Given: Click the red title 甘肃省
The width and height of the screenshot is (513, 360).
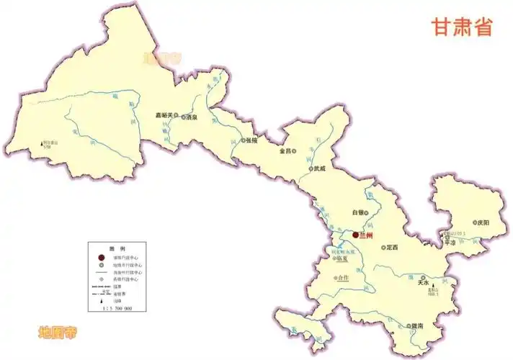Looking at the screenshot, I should [462, 27].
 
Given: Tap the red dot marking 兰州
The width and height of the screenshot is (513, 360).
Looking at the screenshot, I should [354, 235].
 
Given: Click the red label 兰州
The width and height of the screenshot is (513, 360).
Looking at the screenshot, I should [367, 235].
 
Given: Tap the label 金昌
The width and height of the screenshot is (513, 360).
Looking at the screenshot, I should [286, 151].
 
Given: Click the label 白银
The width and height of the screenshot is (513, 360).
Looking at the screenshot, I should [357, 212].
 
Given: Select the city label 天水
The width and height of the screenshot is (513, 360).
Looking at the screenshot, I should [422, 284].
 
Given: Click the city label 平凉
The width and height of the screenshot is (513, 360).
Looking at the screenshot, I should [452, 243].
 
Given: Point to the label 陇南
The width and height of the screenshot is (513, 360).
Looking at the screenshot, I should [416, 326].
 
